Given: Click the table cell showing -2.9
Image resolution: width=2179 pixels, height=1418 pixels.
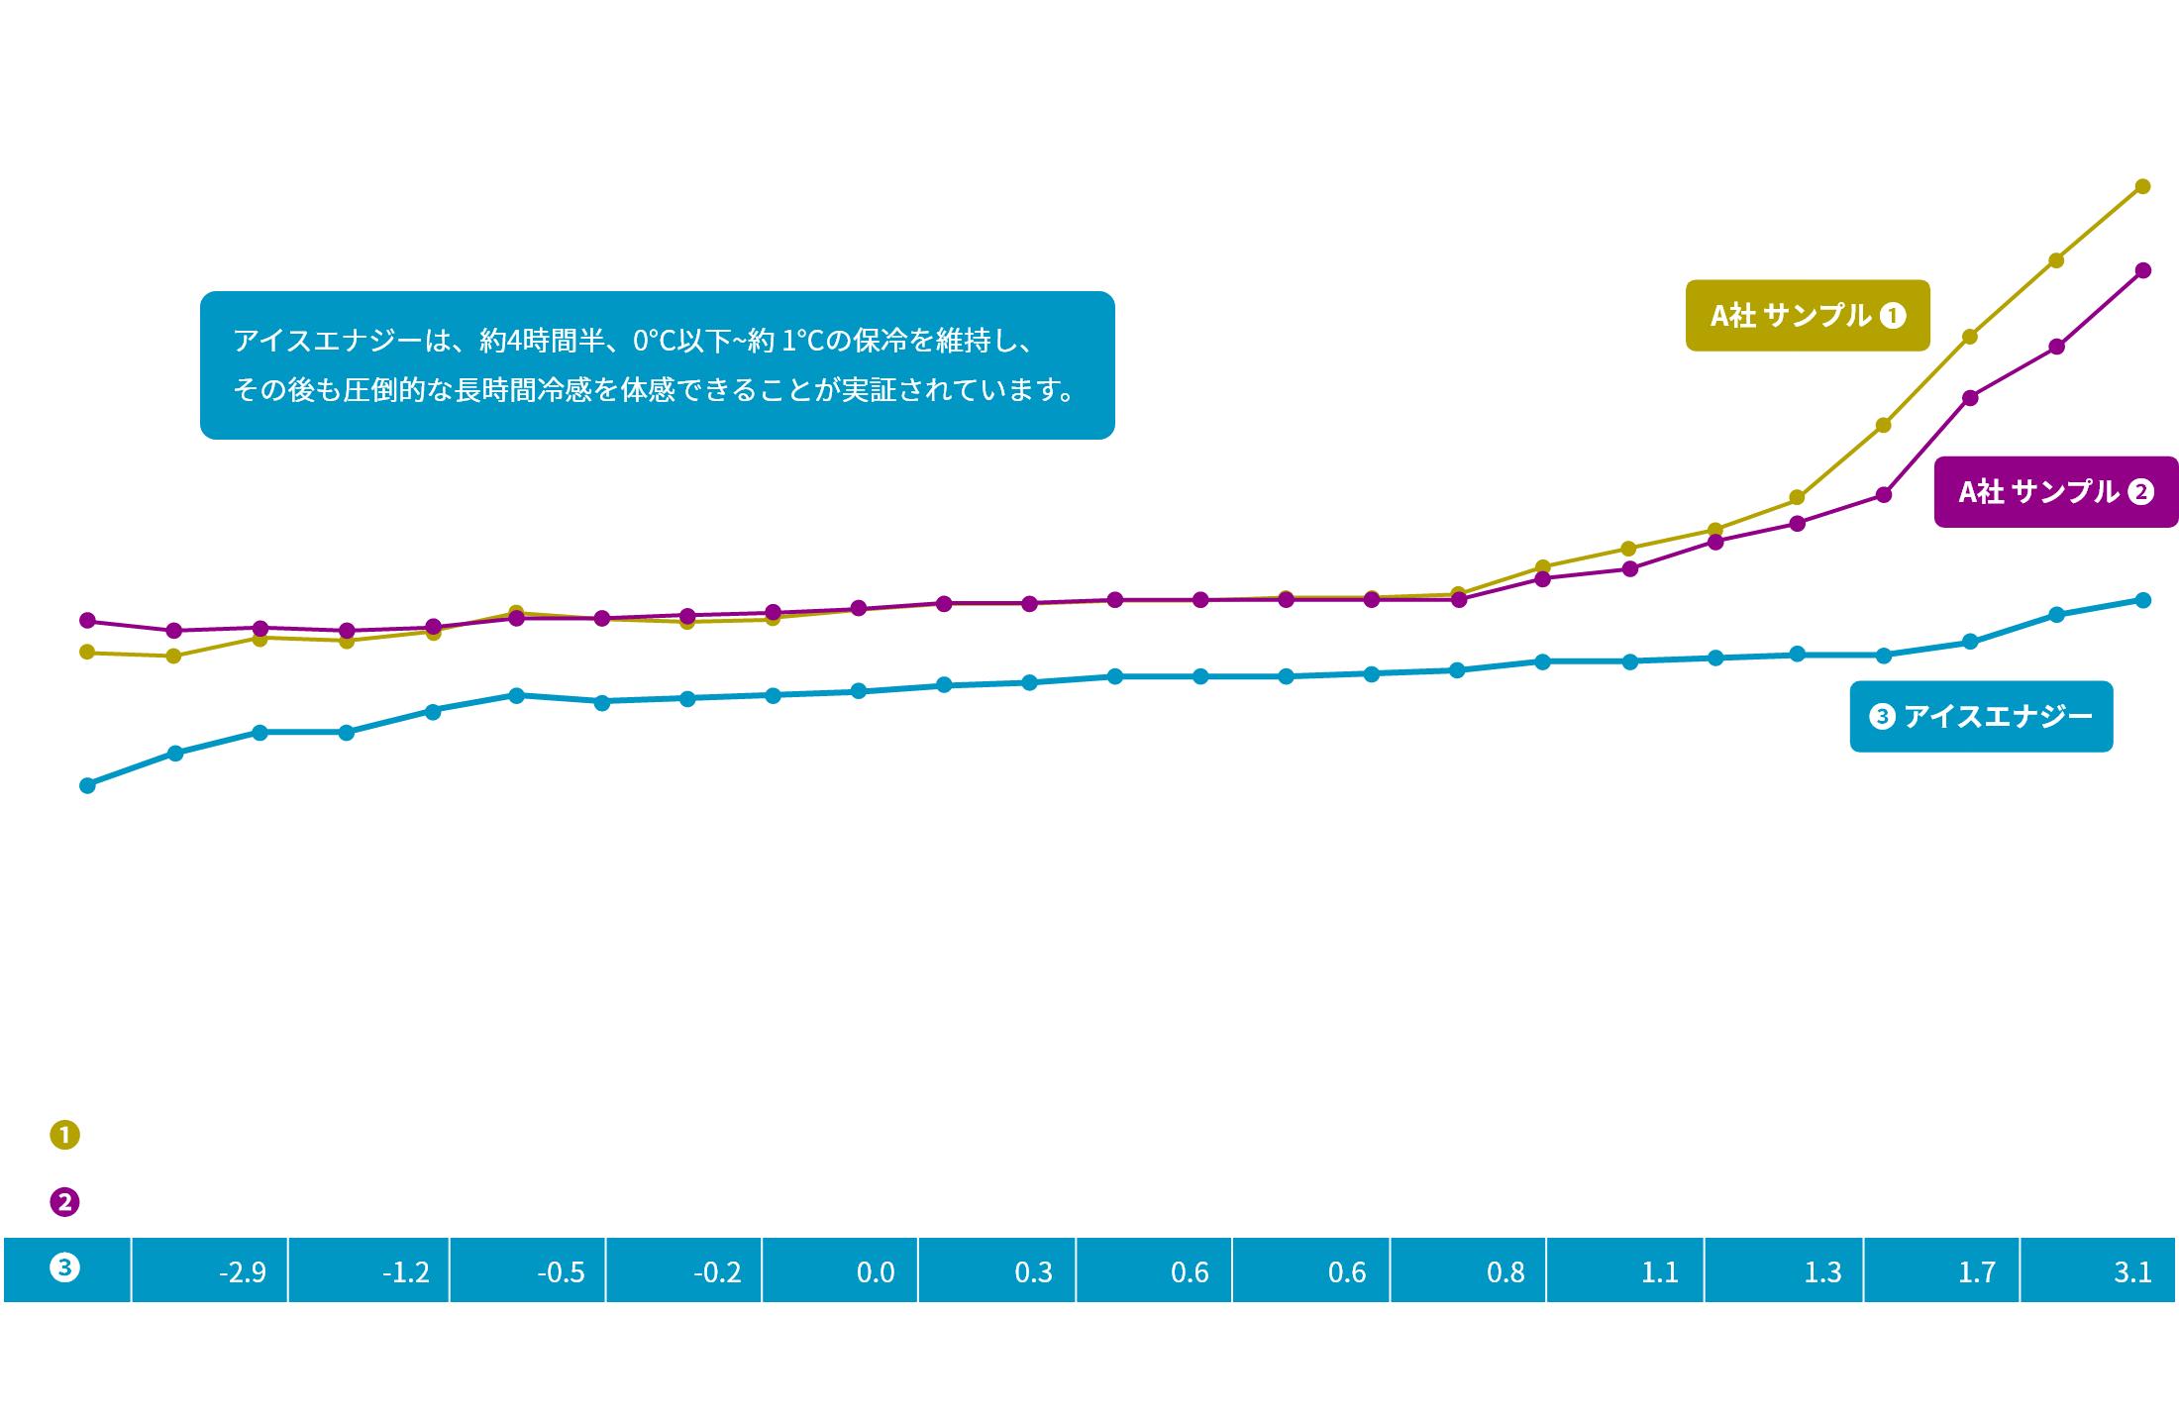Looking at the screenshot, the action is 210,1270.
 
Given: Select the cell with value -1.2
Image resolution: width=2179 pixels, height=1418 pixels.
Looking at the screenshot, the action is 368,1270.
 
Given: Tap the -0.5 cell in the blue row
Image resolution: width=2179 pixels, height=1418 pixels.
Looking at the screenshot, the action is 528,1270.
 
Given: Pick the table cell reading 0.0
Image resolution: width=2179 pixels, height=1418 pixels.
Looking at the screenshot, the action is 840,1270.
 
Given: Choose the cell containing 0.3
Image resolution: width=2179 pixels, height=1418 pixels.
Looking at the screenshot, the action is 997,1270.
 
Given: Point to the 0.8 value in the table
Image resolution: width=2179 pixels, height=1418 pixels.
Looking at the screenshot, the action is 1468,1270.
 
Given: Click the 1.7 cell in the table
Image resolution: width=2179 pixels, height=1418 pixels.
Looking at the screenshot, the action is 1941,1270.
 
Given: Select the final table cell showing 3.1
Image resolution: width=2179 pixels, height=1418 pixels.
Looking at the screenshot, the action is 2098,1270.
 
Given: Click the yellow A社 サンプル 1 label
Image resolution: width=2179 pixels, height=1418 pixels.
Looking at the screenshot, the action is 1808,316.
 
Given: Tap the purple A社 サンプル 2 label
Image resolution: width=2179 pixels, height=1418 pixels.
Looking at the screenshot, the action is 2056,492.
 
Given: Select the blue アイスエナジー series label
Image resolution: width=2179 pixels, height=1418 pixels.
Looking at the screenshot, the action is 1981,716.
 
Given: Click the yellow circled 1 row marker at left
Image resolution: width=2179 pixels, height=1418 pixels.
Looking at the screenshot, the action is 65,1135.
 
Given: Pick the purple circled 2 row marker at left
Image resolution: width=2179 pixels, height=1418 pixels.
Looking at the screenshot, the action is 65,1202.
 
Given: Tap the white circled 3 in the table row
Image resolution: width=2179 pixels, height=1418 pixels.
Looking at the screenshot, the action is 65,1267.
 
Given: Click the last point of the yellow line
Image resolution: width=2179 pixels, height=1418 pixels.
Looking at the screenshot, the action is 2142,186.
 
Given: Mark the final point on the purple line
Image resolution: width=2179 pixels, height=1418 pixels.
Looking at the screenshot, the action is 2143,270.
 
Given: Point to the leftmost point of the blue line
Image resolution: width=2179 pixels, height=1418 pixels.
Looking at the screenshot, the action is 87,785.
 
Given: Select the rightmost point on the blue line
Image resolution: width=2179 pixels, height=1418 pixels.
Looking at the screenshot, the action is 2143,600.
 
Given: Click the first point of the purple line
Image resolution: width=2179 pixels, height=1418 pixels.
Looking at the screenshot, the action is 87,621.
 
